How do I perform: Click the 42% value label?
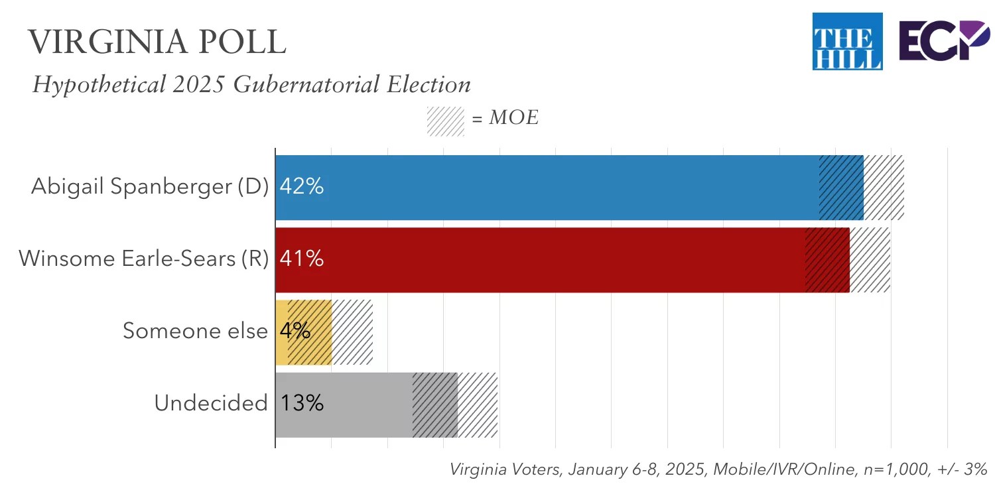[302, 187]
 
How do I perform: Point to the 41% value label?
[302, 259]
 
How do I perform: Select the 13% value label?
[302, 403]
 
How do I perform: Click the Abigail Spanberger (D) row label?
[150, 187]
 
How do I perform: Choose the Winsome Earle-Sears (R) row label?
[143, 259]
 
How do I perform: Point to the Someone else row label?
[195, 331]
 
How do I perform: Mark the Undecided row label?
[211, 403]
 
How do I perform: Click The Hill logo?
[847, 41]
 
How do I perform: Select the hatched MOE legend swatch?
[445, 121]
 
